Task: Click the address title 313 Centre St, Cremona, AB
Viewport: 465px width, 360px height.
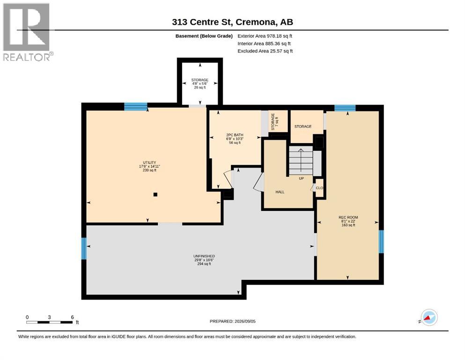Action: click(x=232, y=22)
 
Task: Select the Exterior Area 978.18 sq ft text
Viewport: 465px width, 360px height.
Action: click(x=265, y=36)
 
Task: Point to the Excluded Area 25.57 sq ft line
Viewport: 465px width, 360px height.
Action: click(x=265, y=51)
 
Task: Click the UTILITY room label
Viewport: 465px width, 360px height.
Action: click(x=149, y=166)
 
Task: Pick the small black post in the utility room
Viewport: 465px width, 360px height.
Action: click(x=155, y=195)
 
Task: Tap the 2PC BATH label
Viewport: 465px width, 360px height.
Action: click(x=235, y=139)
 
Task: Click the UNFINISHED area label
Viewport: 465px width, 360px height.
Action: click(x=204, y=260)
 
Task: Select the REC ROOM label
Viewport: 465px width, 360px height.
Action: click(x=348, y=221)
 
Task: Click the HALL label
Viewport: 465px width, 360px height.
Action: click(x=280, y=192)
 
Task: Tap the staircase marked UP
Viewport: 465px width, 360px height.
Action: click(x=301, y=161)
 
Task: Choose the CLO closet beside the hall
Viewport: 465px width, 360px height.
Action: click(x=319, y=188)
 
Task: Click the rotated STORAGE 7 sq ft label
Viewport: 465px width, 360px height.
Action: click(x=274, y=121)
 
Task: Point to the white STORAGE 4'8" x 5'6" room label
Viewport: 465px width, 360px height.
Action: click(x=200, y=84)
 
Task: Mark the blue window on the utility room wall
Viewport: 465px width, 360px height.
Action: click(x=135, y=106)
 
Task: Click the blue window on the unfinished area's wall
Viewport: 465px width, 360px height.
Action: click(x=84, y=248)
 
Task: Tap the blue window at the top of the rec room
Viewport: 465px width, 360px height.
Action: click(x=345, y=108)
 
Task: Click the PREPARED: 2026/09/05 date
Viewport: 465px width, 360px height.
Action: click(x=232, y=321)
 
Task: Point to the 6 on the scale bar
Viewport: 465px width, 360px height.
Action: click(x=73, y=317)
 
